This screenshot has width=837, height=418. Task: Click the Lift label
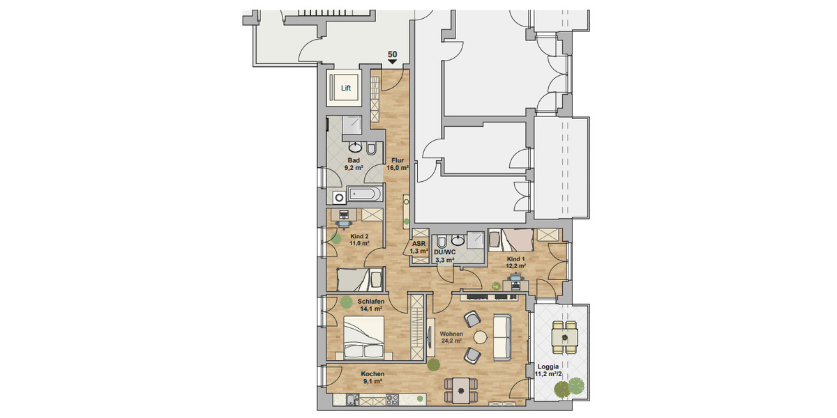coord(346,88)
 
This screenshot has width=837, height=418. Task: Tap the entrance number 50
coord(393,54)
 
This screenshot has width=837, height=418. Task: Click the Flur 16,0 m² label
coord(398,164)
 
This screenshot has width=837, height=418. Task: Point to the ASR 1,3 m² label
coord(418,247)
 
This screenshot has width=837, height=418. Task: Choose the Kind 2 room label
coord(359,239)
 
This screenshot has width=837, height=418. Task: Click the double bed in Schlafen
coord(363,338)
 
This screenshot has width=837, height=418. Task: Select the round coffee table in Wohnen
coord(481,336)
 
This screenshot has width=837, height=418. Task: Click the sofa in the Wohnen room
coord(503,337)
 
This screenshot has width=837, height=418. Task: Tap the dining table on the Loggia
coord(564,338)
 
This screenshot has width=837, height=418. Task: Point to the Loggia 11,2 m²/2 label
coord(549,371)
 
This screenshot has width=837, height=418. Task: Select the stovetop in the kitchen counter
coord(391,400)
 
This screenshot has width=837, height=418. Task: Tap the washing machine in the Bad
coord(339,197)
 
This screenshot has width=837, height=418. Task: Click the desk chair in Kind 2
coord(344,224)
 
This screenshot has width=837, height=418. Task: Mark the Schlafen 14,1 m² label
coord(370,305)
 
